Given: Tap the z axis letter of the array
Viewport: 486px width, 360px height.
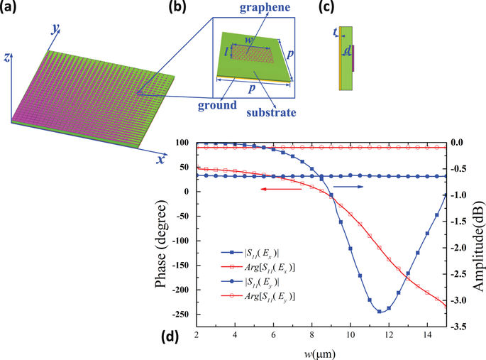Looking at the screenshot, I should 5,58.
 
